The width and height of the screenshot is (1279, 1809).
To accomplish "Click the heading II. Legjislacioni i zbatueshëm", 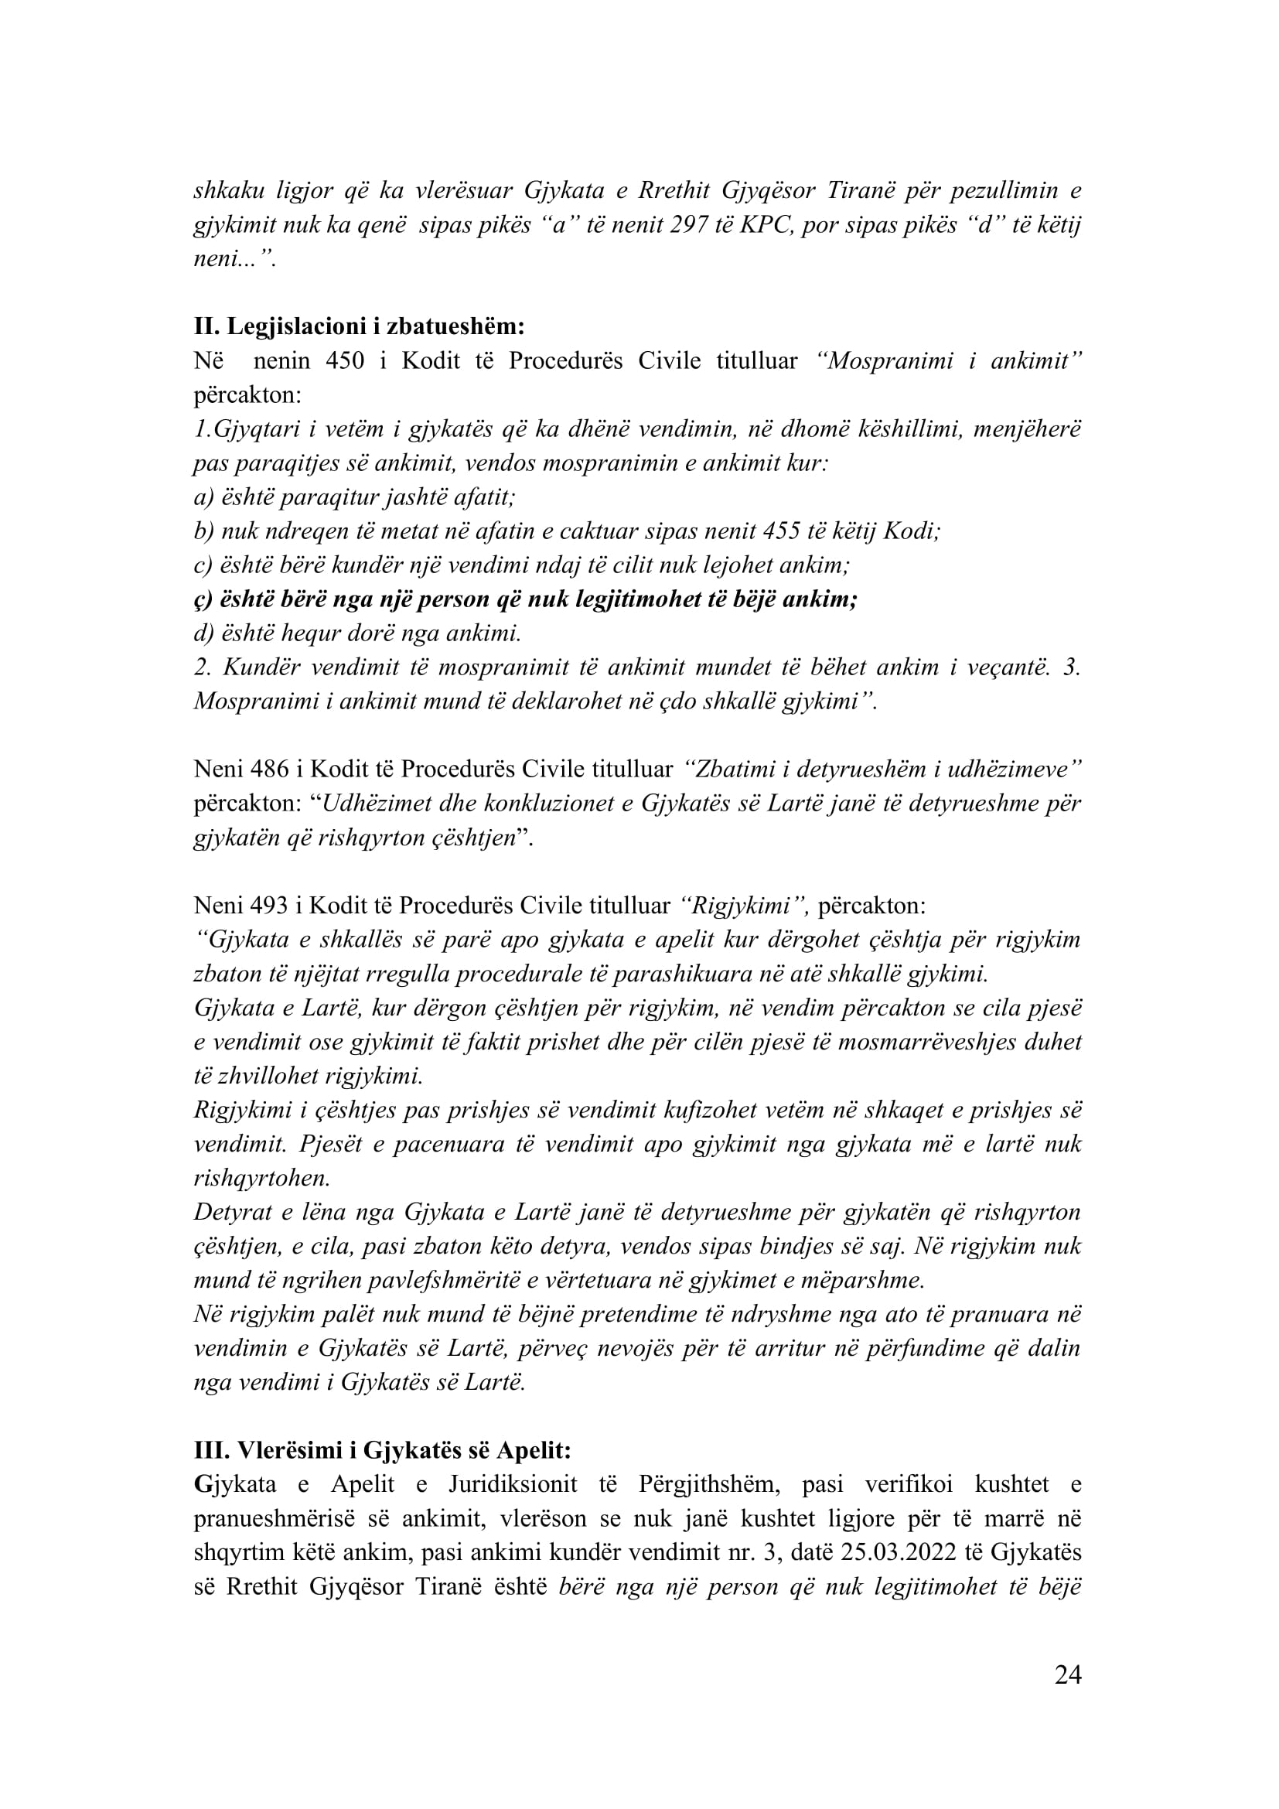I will tap(359, 326).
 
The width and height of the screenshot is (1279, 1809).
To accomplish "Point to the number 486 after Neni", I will tap(269, 769).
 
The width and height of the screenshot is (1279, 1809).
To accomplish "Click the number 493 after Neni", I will tap(269, 906).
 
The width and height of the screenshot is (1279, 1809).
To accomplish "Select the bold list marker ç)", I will tap(203, 599).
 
